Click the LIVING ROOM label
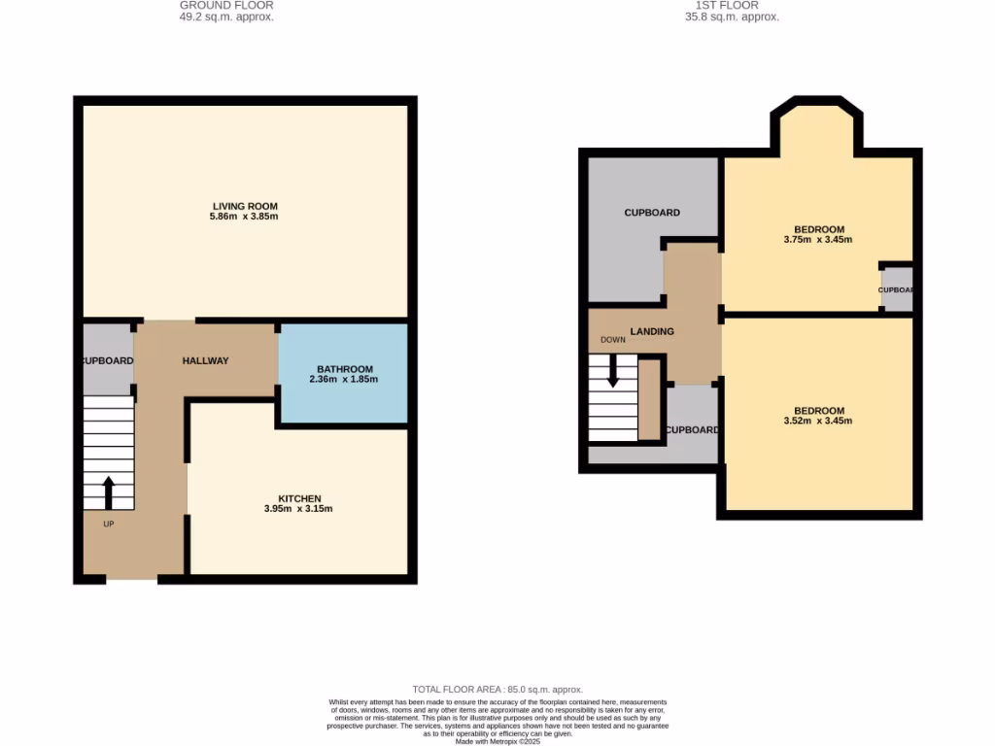(x=245, y=206)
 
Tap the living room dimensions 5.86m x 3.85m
(x=245, y=217)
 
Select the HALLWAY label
(x=205, y=361)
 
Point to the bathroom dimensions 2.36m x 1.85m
(x=344, y=380)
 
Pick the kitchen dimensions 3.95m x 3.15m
(x=298, y=509)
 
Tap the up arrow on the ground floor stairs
(x=108, y=492)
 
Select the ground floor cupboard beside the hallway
(x=107, y=359)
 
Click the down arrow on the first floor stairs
(x=613, y=370)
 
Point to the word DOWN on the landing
(x=613, y=340)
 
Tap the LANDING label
(x=652, y=332)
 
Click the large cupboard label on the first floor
(x=652, y=213)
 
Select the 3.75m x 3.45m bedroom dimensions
(x=817, y=239)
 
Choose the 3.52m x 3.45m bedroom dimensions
(x=817, y=421)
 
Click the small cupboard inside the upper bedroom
(x=897, y=289)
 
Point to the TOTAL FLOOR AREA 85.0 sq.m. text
(x=497, y=690)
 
